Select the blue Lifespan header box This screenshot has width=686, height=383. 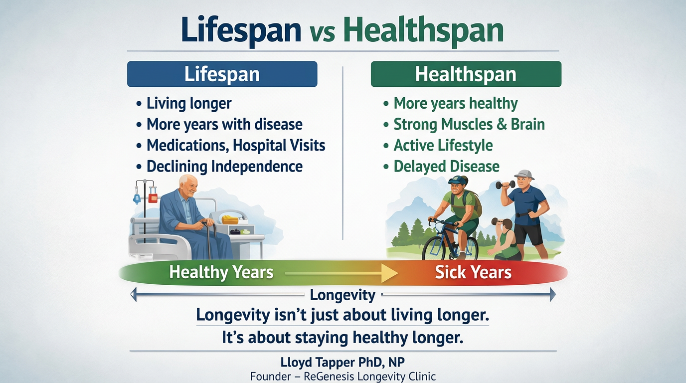222,74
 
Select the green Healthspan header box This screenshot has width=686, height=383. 466,74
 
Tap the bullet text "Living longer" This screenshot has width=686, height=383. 188,103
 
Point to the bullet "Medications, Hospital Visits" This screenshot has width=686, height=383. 235,145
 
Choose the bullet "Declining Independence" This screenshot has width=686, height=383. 224,166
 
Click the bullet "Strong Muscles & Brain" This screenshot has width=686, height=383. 469,124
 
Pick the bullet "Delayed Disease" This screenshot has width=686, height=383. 446,166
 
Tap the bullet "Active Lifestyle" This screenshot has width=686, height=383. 443,145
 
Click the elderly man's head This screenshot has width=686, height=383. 189,186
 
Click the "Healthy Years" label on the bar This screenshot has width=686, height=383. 221,272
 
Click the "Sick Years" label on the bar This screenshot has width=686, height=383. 473,272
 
